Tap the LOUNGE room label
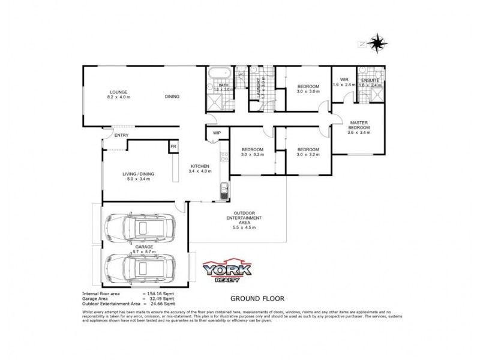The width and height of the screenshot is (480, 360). [x=118, y=91]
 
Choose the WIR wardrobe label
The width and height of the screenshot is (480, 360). [x=344, y=79]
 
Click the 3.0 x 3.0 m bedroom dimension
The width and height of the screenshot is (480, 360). [x=308, y=92]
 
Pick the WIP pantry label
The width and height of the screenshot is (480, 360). [x=217, y=133]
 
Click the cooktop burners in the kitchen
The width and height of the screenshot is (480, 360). [x=224, y=158]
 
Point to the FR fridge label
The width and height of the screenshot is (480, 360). [x=173, y=146]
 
